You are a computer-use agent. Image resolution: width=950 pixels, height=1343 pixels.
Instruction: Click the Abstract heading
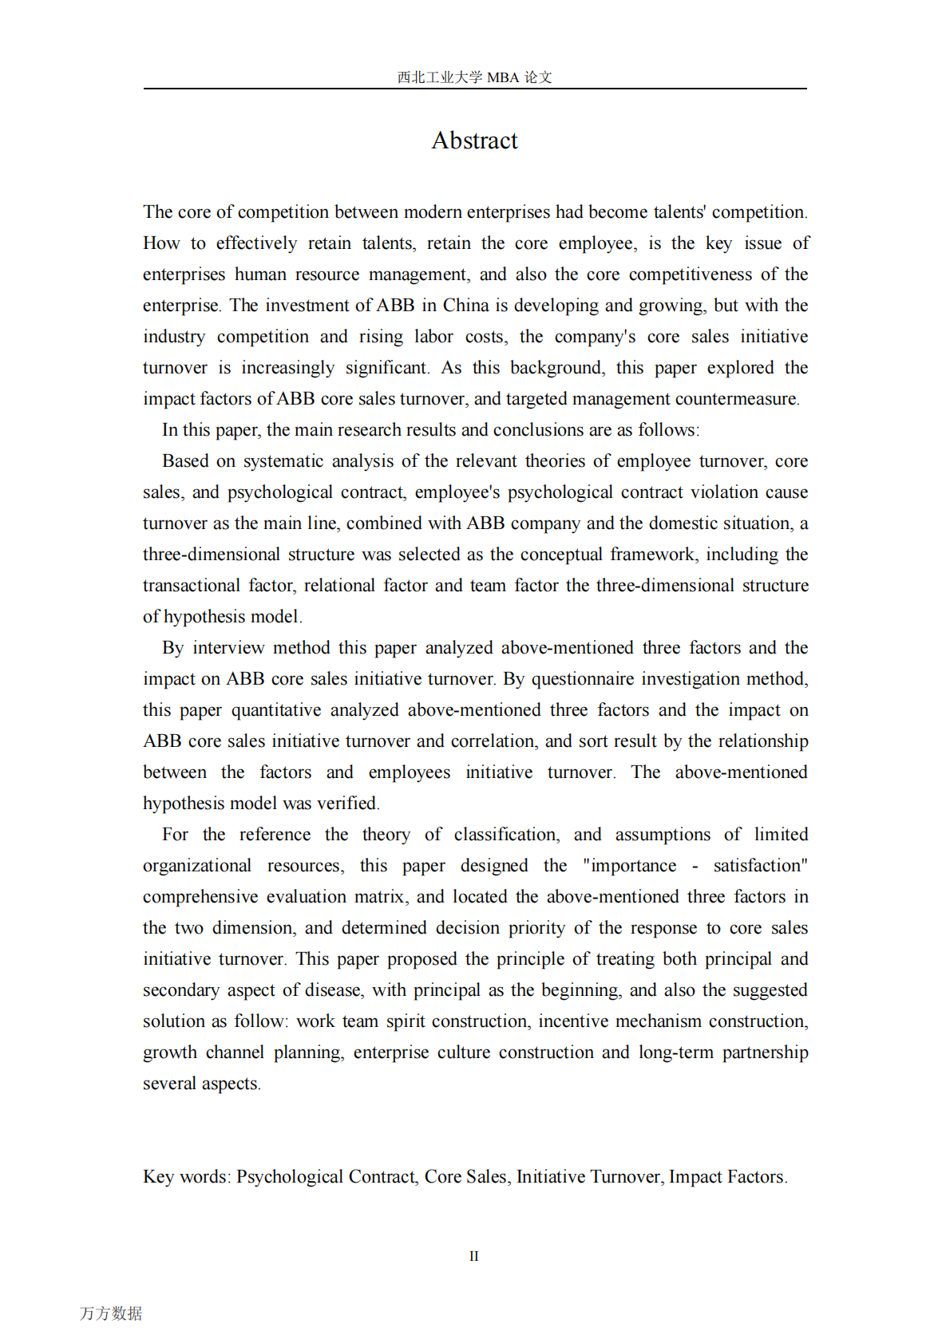(474, 140)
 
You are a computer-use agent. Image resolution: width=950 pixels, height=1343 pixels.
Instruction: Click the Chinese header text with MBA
(474, 77)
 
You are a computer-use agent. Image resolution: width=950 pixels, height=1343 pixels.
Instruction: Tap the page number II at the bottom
(473, 1256)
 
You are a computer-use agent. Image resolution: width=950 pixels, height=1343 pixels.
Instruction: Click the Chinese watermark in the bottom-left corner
(111, 1313)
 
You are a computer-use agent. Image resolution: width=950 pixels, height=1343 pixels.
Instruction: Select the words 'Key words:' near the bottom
(187, 1177)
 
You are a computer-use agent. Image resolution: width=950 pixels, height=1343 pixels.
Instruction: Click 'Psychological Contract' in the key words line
(326, 1177)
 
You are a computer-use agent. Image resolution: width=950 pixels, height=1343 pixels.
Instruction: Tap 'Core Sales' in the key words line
(466, 1177)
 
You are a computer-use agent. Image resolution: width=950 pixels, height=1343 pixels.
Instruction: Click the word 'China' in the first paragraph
(465, 306)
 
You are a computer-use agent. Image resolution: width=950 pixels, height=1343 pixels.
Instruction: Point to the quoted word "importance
(629, 866)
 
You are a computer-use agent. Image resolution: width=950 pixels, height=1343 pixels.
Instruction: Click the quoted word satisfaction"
(760, 866)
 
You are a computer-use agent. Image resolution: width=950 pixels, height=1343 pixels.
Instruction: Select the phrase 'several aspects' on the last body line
(201, 1084)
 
